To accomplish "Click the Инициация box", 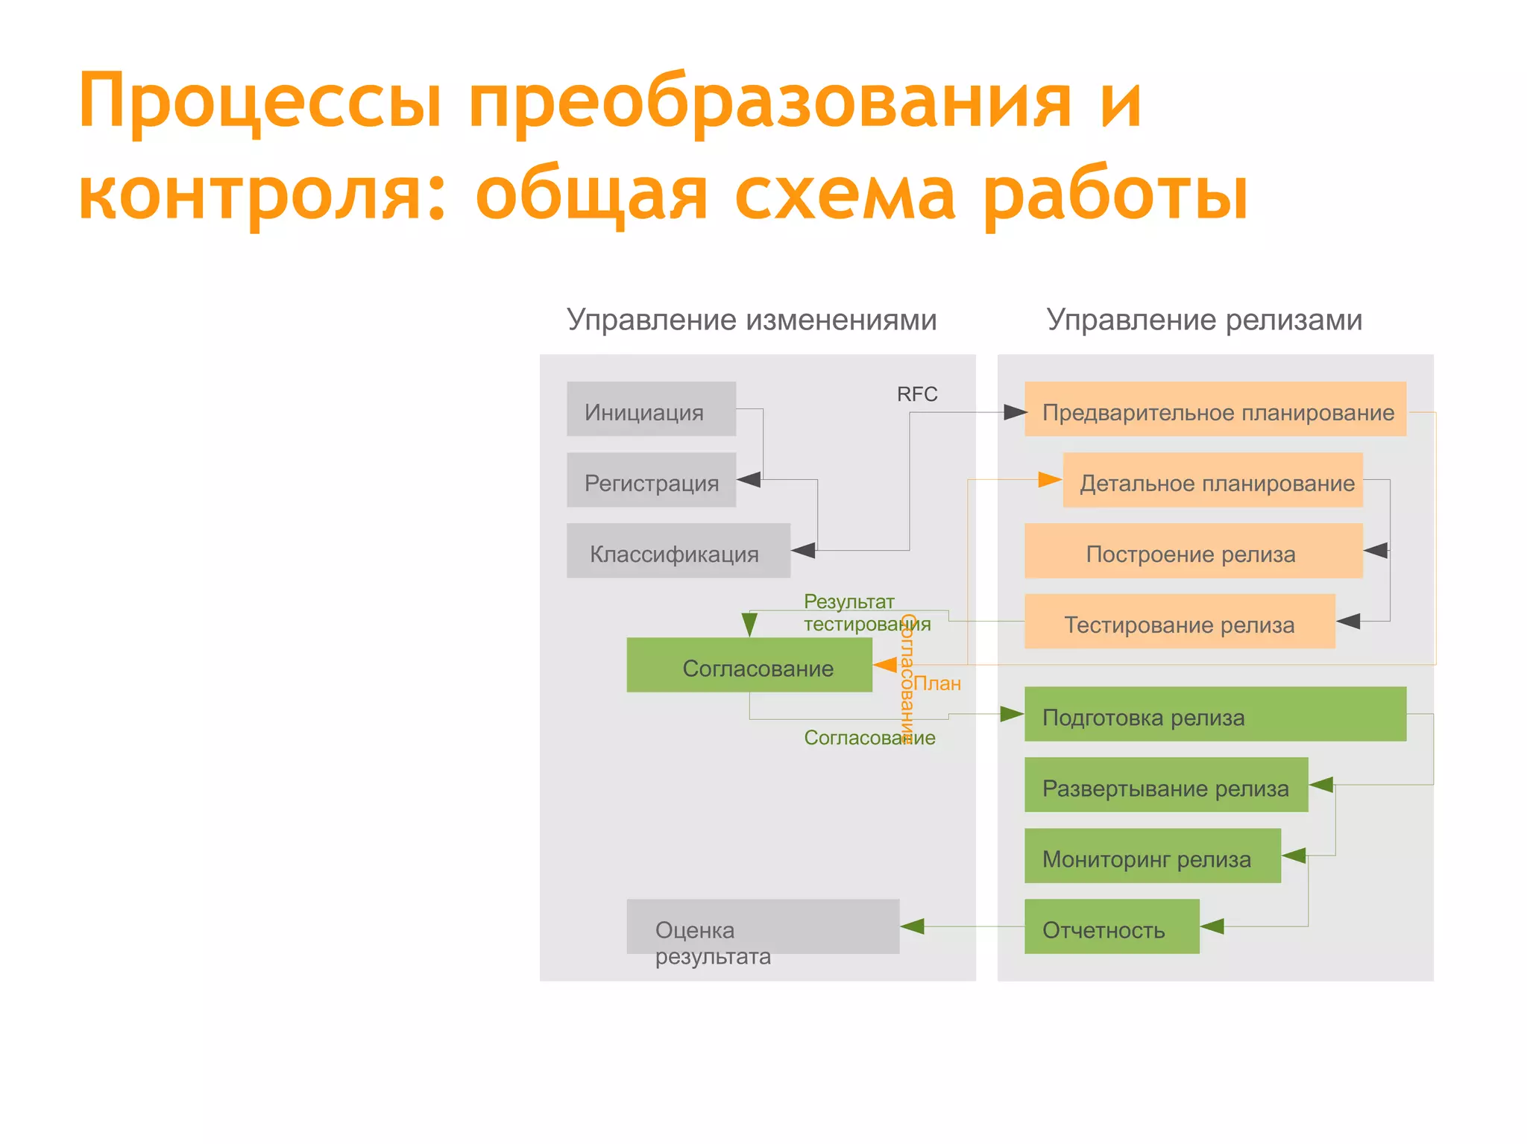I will [x=651, y=409].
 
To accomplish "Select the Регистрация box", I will [x=651, y=480].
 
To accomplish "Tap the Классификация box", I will [x=678, y=551].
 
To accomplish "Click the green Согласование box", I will [x=749, y=665].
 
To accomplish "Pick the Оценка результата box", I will [x=762, y=926].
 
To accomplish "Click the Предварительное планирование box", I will [x=1215, y=409].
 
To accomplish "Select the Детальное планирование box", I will [x=1212, y=480].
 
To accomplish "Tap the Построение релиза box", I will [x=1193, y=551].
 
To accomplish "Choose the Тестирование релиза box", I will [x=1180, y=622].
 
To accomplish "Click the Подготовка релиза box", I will [x=1215, y=714].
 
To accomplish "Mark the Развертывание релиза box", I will [x=1165, y=785].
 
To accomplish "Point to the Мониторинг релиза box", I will [x=1152, y=856].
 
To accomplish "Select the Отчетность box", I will [x=1111, y=926].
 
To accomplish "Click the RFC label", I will [x=916, y=394].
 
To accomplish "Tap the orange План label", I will [x=937, y=683].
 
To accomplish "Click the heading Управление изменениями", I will [x=751, y=320].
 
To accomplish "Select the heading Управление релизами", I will [x=1203, y=320].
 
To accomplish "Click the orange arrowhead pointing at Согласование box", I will [x=885, y=665].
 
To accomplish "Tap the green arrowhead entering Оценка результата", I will [x=913, y=926].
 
